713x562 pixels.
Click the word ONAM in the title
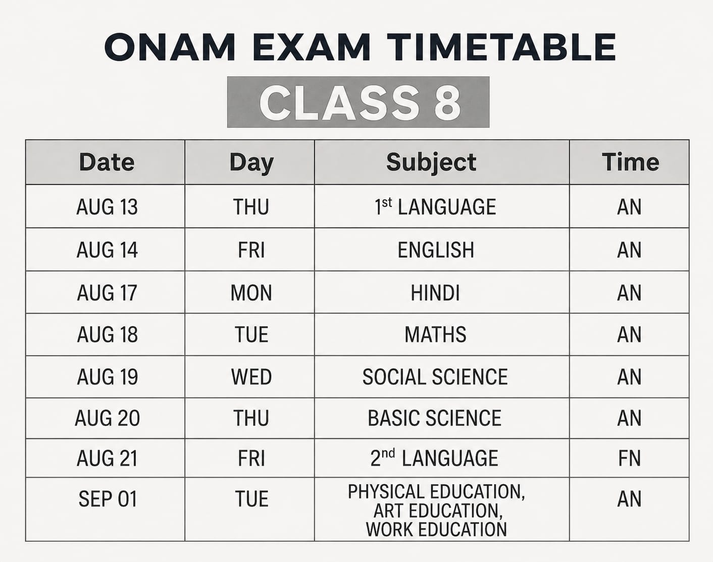(170, 47)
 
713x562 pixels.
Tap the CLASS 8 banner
(358, 102)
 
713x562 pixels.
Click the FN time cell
(630, 459)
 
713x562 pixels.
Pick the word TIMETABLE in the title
(501, 47)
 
